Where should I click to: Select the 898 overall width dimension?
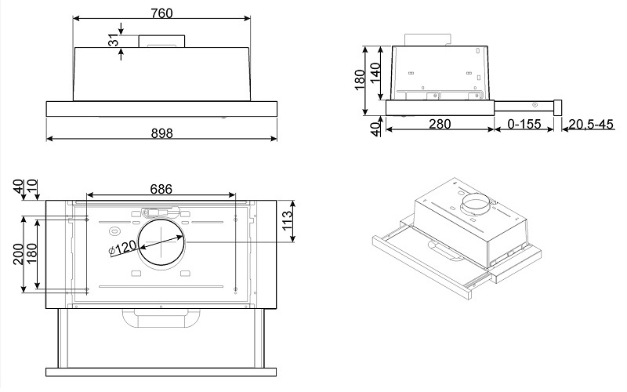tap(161, 133)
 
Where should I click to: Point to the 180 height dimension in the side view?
tap(360, 78)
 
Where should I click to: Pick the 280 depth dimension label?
tap(439, 124)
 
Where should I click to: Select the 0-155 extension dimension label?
tap(524, 124)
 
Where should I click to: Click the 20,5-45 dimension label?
tap(590, 124)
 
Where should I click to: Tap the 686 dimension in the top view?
tap(161, 189)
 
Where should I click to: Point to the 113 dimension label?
tap(287, 222)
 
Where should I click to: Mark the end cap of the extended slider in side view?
tap(560, 105)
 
